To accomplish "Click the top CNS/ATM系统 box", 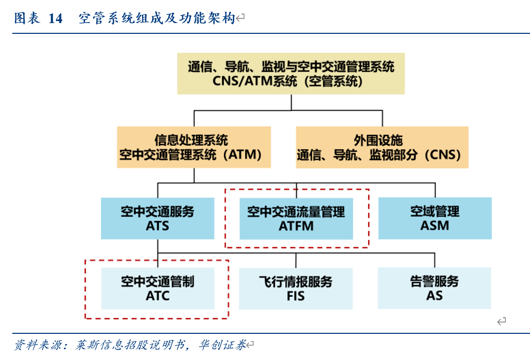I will coord(291,73).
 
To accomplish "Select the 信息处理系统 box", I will coord(194,147).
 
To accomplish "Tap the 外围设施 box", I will coord(382,147).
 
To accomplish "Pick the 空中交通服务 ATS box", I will coord(157,218).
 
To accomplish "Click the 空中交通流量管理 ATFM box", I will coord(296,218).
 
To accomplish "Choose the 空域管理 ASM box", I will coord(435,218).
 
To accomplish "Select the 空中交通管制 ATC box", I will coord(157,288).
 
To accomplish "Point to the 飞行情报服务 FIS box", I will coord(296,288).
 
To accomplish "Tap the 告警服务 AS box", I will coord(434,288).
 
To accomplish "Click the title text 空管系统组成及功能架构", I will coord(156,19).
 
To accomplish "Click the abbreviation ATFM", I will coord(296,226).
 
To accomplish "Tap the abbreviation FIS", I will coord(296,296).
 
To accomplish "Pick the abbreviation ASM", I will coord(435,226).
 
